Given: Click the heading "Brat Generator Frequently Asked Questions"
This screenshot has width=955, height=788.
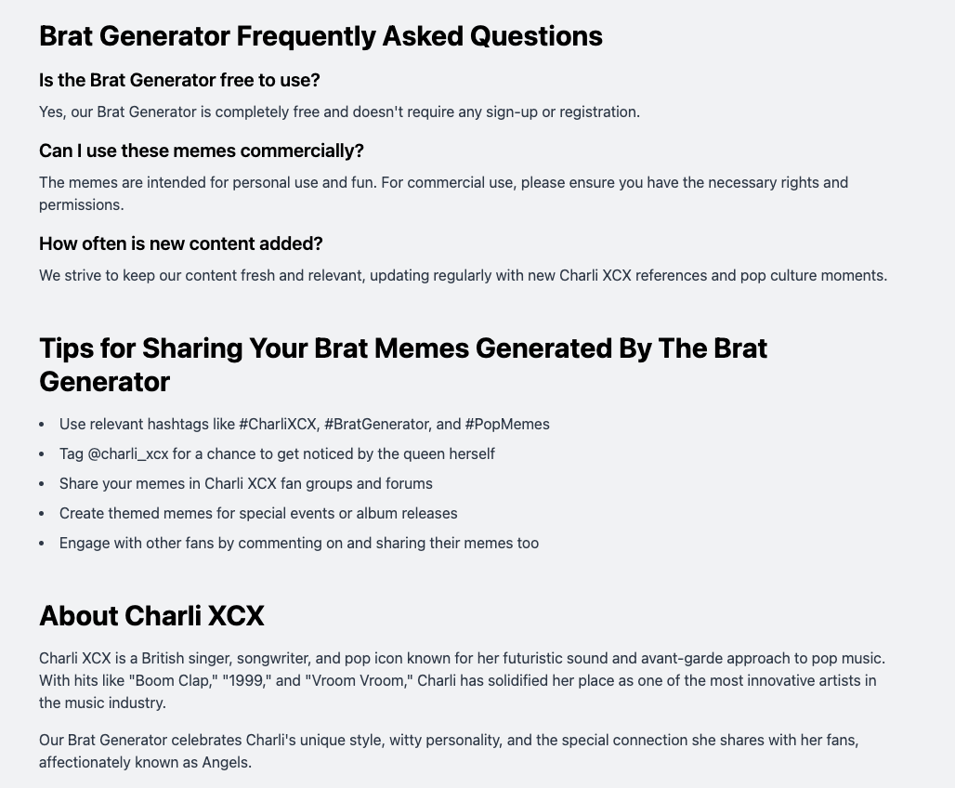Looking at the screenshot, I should tap(321, 36).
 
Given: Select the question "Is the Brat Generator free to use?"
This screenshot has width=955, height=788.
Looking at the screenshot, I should tap(179, 81).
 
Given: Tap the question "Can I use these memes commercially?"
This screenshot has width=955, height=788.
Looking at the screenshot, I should tap(202, 151).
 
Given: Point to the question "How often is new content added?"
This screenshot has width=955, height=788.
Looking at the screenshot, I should tap(181, 244).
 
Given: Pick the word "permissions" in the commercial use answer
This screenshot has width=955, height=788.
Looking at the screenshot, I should tap(80, 205).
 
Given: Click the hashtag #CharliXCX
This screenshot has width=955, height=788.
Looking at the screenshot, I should tap(279, 425).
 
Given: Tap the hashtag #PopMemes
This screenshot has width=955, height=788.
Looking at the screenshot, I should tap(507, 425).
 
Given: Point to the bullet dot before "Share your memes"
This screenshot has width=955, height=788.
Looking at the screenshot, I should tap(42, 484).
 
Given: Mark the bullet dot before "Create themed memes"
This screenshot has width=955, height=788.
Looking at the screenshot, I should tap(42, 514).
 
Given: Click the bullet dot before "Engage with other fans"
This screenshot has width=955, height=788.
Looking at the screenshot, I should tap(42, 544).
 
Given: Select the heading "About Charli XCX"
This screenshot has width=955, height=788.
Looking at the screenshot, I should tap(151, 616).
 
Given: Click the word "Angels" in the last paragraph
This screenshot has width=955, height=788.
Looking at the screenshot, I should tap(226, 763).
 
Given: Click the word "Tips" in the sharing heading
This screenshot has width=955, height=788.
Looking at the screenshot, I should tap(68, 348).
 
